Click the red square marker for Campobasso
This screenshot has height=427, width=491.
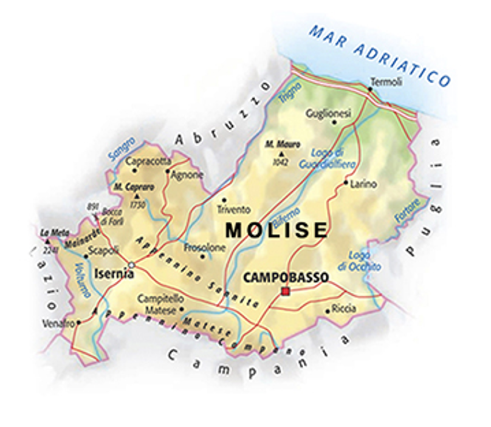coord(286,292)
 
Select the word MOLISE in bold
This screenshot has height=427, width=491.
coord(276,230)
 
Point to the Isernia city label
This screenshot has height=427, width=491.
coord(114,274)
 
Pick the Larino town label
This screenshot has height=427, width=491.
coord(363,183)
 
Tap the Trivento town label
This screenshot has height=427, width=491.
coord(233,209)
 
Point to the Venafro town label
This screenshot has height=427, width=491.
coord(58,323)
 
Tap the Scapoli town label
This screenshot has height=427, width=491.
coord(103,249)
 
